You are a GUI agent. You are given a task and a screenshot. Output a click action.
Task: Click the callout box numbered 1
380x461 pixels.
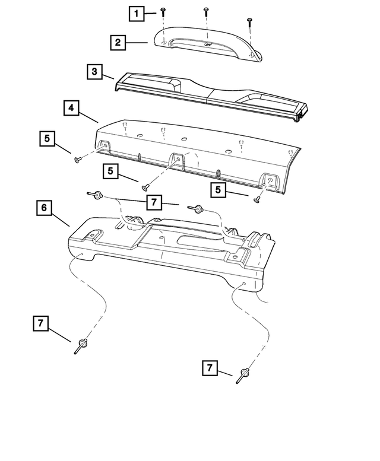click(x=137, y=12)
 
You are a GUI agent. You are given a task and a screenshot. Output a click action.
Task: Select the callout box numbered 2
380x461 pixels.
click(x=118, y=42)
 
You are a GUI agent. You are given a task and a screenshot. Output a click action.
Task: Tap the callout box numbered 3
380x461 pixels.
click(x=94, y=72)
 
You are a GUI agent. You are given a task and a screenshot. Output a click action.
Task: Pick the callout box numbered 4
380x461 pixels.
click(x=70, y=108)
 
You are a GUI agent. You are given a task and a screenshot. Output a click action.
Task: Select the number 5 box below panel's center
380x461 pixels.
click(x=110, y=171)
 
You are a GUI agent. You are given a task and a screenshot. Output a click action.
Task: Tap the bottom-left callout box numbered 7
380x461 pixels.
click(x=40, y=323)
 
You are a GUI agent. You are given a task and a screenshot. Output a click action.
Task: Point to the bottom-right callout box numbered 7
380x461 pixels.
click(x=210, y=367)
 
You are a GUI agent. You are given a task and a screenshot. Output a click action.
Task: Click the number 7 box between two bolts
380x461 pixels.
click(x=153, y=202)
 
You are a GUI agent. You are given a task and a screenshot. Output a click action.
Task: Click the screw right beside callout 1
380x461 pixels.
click(x=163, y=11)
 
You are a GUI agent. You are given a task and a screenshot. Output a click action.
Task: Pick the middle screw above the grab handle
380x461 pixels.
click(x=206, y=11)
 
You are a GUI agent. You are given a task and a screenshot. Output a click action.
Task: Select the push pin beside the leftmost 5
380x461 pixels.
click(x=77, y=159)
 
